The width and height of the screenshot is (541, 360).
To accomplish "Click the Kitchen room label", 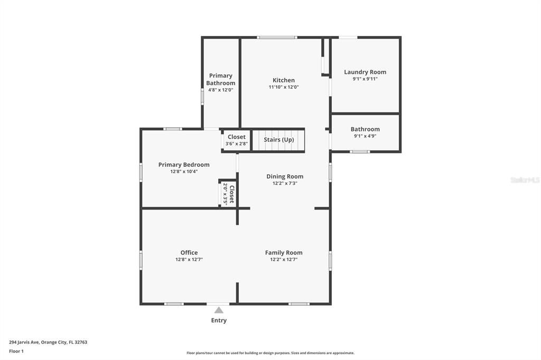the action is [x=284, y=80].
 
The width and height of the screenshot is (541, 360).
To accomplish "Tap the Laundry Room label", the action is [x=365, y=72].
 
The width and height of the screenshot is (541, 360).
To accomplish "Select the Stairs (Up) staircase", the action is [x=279, y=140].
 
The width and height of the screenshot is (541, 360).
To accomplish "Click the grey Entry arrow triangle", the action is [x=219, y=310].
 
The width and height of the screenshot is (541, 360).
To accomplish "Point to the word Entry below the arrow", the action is [x=219, y=320].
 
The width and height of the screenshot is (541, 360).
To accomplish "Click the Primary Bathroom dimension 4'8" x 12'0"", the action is [x=221, y=90].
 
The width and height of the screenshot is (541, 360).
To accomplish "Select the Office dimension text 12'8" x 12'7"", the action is [x=189, y=260].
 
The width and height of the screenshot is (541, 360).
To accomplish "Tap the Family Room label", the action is [x=284, y=253].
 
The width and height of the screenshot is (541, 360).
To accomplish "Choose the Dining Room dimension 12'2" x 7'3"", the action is [x=285, y=184].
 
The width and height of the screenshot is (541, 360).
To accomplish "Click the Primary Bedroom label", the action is [x=184, y=165].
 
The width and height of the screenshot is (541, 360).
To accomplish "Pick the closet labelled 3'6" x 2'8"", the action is [x=237, y=140].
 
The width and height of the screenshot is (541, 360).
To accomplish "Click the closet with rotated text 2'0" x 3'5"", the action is [x=228, y=194].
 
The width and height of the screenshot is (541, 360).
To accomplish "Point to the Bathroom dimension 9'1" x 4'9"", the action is [x=365, y=136].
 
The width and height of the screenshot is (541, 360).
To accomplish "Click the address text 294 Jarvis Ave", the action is [x=24, y=343].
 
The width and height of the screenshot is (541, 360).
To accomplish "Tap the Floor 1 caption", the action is [x=16, y=352].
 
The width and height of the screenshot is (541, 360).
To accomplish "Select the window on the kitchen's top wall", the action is [x=277, y=37].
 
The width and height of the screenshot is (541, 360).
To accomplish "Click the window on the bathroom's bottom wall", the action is [x=360, y=151].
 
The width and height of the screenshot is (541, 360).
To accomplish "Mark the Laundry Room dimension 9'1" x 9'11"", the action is [x=365, y=79].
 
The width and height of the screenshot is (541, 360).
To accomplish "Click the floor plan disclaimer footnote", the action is [x=270, y=353].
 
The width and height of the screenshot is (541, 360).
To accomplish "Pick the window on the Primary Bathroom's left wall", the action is [x=202, y=96].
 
